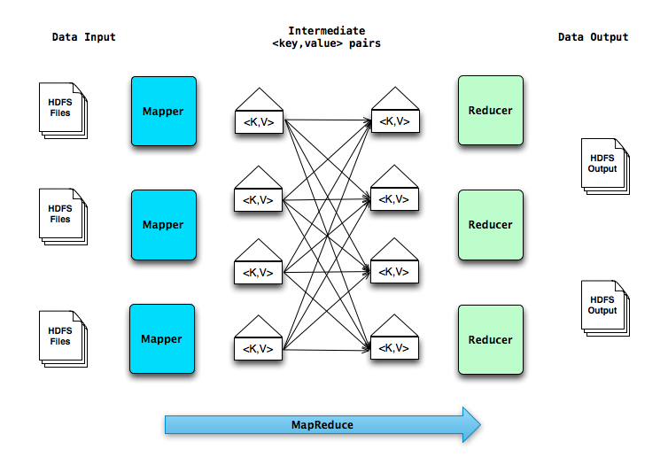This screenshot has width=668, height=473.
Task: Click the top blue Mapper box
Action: point(163,111)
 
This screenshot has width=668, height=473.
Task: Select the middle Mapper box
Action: point(163,225)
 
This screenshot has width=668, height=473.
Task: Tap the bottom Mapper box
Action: point(162,339)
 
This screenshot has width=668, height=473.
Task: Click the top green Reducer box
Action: point(490,111)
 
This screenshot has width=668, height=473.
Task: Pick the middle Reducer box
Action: point(490,225)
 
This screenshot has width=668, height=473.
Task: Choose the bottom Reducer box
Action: point(490,339)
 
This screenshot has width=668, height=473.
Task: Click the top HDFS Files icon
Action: point(61,110)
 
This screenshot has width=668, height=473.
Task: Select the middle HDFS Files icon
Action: point(61,214)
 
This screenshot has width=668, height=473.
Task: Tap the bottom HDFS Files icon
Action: point(61,337)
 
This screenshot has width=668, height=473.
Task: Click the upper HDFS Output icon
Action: point(603,165)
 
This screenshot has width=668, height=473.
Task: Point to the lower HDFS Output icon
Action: point(603,306)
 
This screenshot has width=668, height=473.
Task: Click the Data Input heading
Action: point(84,37)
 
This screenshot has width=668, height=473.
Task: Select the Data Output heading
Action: point(593,37)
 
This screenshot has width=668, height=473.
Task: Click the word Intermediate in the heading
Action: point(327,31)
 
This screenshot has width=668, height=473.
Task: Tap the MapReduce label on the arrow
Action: point(322,425)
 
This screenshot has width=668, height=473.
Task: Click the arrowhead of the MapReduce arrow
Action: point(470,425)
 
